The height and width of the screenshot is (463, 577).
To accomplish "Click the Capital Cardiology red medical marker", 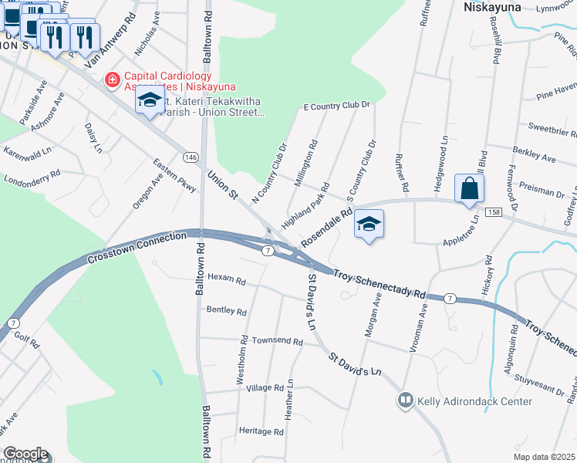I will [x=113, y=79].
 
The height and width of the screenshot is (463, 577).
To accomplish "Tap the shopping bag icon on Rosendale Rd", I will [x=469, y=188].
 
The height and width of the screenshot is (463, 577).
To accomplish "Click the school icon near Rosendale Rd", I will [x=369, y=225].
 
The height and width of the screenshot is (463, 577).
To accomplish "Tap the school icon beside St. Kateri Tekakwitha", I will [x=149, y=101].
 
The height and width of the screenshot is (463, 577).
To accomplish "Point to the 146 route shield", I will [x=191, y=157].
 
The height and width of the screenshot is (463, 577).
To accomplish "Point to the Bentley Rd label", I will [x=226, y=312].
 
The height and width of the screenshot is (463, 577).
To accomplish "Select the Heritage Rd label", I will [x=262, y=431].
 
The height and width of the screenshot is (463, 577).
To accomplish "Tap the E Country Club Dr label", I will [x=337, y=105].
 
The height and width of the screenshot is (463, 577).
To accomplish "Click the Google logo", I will [x=25, y=454].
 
